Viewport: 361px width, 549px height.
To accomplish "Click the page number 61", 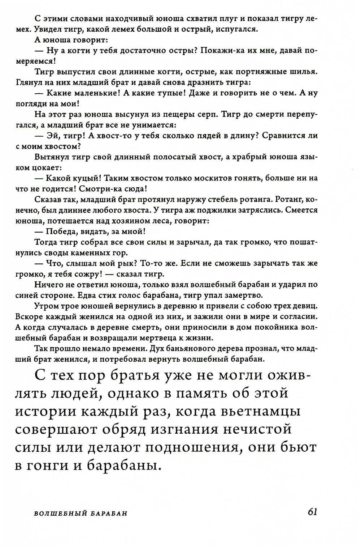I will (312, 512).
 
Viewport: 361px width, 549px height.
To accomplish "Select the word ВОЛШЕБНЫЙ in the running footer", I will (58, 514).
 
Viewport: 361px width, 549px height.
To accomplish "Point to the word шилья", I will (305, 71).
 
